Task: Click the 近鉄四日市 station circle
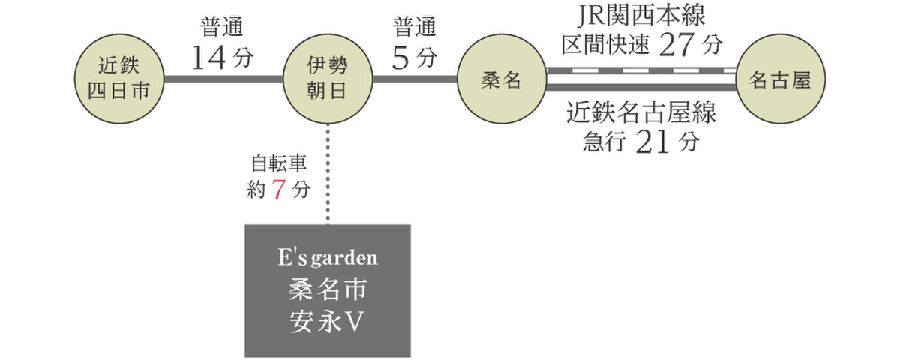pos(120,79)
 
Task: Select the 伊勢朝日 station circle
pos(328,79)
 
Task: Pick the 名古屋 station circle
pos(781,79)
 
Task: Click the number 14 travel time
pos(208,58)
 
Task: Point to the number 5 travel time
pos(400,58)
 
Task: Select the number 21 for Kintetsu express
pos(651,142)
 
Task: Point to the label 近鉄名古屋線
pos(641,114)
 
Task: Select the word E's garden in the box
pos(328,259)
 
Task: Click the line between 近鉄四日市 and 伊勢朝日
pos(223,79)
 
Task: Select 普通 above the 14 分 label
pos(222,28)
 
